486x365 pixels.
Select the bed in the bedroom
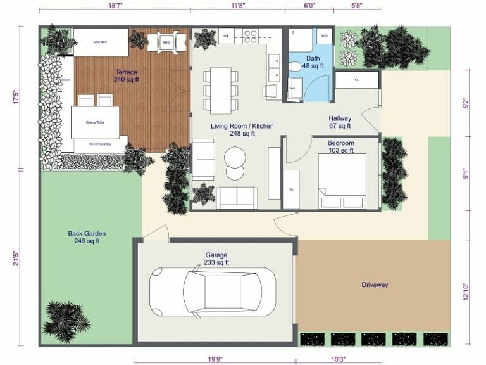(342, 180)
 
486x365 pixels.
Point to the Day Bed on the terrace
(101, 42)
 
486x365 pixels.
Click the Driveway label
(375, 285)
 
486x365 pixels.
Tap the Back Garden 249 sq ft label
(86, 237)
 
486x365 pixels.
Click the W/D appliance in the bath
(325, 35)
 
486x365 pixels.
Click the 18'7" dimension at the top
(115, 5)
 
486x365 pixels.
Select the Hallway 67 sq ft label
(340, 122)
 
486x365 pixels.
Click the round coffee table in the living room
(235, 158)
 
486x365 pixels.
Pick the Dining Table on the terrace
(96, 122)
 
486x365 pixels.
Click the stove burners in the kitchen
(250, 35)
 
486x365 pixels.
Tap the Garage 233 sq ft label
(216, 259)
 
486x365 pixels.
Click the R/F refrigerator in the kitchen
(226, 35)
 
